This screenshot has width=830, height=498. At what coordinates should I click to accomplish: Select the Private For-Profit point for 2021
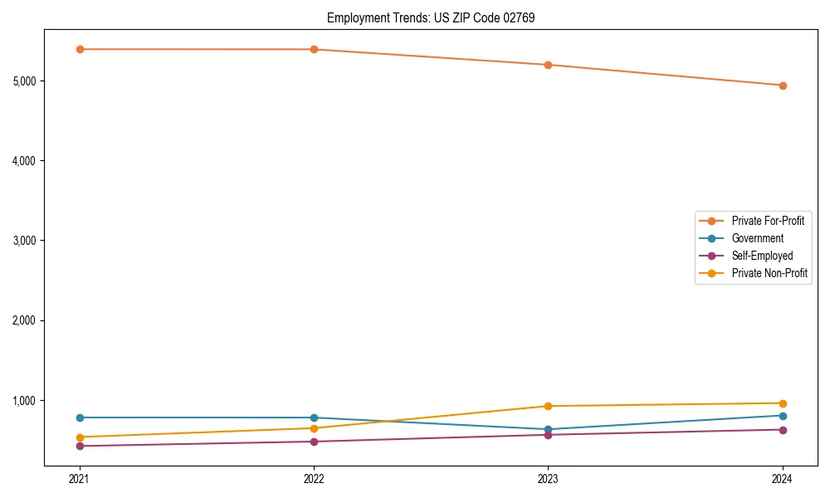80,49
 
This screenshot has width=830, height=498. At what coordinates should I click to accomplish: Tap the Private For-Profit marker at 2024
783,85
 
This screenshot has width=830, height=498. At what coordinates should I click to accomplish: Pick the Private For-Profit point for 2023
548,65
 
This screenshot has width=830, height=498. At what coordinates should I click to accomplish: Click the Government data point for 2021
80,417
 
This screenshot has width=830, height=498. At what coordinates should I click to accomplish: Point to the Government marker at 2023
548,430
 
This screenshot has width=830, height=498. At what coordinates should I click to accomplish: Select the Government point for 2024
783,416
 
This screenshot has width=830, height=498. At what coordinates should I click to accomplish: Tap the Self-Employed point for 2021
80,447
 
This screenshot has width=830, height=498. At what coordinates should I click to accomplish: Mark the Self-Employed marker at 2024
783,430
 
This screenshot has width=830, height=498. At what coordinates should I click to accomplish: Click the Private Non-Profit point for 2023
548,406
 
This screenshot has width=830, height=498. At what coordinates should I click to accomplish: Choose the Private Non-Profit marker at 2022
314,428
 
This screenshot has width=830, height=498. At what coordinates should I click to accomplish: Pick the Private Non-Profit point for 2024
783,403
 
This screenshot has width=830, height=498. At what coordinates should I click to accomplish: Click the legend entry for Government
757,238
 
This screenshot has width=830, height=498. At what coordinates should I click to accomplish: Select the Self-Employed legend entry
762,256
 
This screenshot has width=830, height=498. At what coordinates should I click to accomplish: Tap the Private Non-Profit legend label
769,273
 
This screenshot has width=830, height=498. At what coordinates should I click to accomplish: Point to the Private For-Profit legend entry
768,221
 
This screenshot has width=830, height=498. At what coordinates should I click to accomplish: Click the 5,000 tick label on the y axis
25,81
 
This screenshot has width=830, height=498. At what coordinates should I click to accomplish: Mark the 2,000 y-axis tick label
25,320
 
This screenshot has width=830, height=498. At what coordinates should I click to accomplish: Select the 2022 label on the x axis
314,478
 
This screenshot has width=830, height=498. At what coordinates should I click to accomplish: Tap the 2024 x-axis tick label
783,478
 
